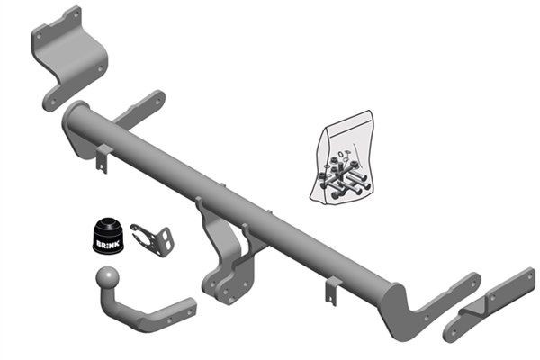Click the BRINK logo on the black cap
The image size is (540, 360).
(x=108, y=244)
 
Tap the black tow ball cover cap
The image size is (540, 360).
(x=107, y=236)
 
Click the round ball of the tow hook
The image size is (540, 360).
(x=107, y=277)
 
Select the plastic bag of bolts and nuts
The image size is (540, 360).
(x=342, y=157)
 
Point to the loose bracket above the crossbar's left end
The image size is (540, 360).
(x=70, y=58)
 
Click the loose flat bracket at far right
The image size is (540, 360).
(x=489, y=304)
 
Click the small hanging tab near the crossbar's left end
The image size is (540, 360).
(x=103, y=158)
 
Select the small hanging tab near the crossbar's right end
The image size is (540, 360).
(x=333, y=291)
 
